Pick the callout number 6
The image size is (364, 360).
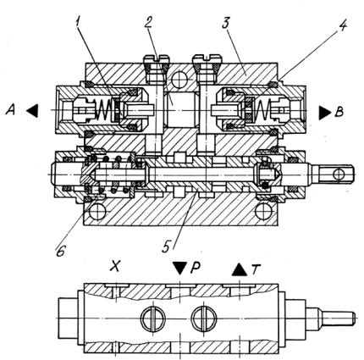(x=61, y=251)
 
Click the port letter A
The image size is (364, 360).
(x=11, y=109)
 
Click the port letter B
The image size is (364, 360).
(x=339, y=112)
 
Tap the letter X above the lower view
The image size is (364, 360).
(x=114, y=266)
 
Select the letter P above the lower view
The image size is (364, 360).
(x=196, y=269)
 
